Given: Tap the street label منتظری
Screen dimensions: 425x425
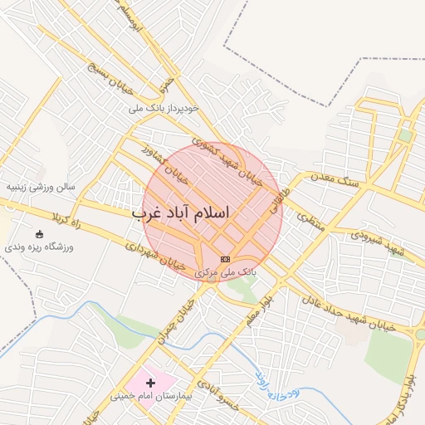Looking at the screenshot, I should click(306, 215).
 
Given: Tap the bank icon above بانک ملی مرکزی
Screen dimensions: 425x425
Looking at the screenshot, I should click(226, 260).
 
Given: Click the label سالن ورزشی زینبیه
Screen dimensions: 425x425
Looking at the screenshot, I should click(42, 187).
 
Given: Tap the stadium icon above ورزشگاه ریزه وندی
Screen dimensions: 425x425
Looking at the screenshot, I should click(41, 235).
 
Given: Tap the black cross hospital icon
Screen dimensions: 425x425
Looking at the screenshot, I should click(150, 383).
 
